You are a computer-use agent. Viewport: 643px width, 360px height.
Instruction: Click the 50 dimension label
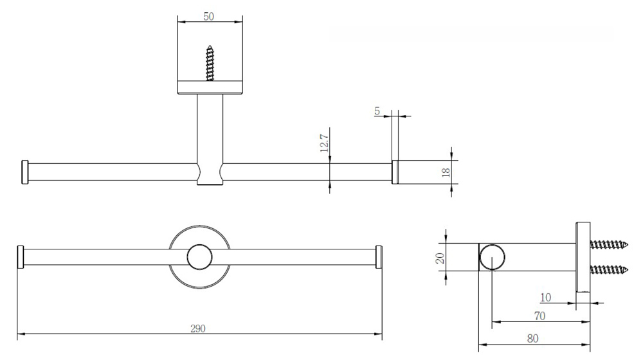point(208,17)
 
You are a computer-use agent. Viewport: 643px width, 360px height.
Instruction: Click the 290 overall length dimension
point(197,328)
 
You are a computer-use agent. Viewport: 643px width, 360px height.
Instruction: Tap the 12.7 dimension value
point(324,143)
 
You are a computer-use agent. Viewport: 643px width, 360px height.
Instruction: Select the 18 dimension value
point(446,172)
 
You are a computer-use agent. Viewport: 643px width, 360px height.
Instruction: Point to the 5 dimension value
point(377,111)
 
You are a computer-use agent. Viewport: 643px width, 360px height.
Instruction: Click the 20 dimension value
point(440,258)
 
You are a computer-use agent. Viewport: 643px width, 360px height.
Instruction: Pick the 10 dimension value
point(545,297)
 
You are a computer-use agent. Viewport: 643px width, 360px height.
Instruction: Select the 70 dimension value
point(539,316)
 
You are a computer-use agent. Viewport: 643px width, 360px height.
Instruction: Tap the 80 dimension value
point(532,338)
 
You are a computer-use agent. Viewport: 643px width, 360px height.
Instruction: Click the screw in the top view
point(210,63)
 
